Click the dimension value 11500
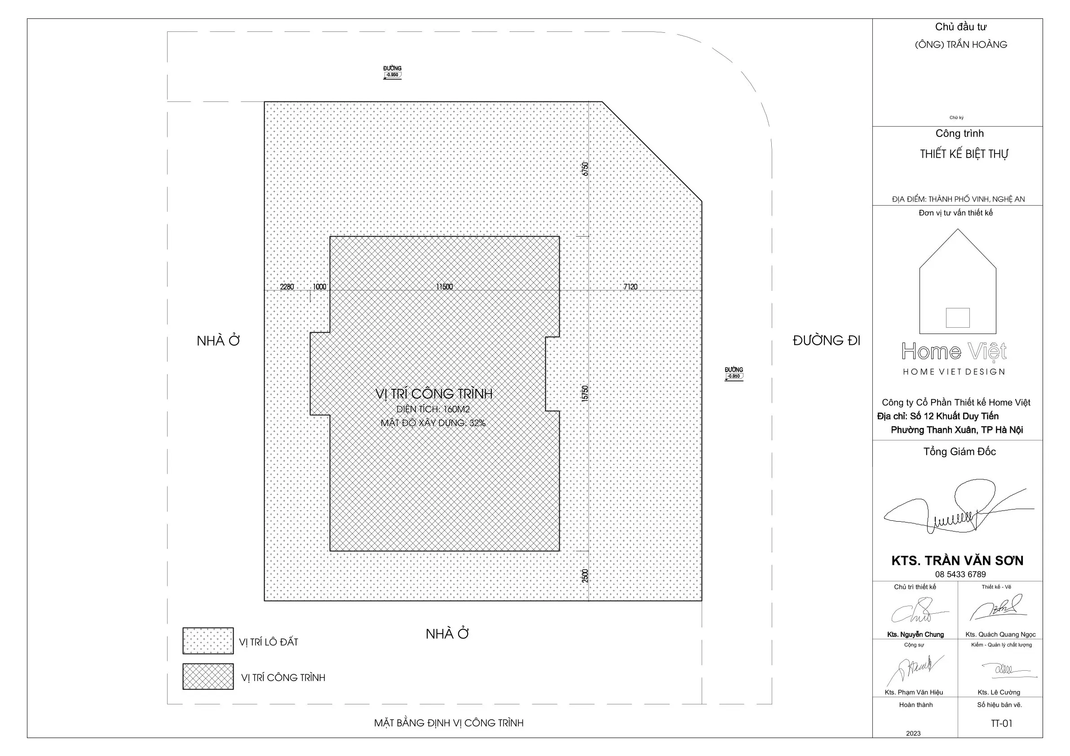click(444, 286)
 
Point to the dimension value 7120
click(630, 286)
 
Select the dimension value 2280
click(287, 286)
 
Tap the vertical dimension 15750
click(585, 393)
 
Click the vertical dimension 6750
click(585, 169)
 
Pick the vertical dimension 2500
click(585, 576)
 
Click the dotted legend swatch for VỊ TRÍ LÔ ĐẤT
click(208, 641)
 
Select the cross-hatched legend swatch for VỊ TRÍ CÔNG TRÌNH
click(208, 677)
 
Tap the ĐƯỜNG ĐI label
click(826, 340)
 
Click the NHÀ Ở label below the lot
click(447, 633)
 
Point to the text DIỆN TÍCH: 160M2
click(433, 409)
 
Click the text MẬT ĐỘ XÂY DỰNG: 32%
click(433, 423)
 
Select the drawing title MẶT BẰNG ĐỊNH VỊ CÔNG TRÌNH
click(449, 723)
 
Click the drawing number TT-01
click(1001, 723)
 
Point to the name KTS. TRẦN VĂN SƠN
click(957, 560)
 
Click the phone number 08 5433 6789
click(960, 574)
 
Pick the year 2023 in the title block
click(913, 733)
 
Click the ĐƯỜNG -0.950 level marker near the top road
click(393, 72)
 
